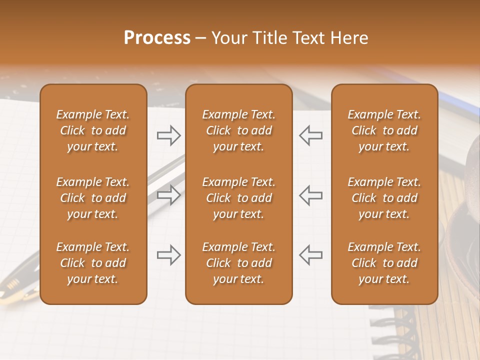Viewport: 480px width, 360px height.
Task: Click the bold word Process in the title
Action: point(157,38)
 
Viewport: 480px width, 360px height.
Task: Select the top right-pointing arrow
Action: point(168,135)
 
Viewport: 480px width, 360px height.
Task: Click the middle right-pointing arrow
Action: point(168,194)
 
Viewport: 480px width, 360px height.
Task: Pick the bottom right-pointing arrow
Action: point(168,255)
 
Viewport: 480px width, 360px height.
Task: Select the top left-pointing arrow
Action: point(310,135)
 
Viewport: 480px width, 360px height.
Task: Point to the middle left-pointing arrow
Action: point(310,194)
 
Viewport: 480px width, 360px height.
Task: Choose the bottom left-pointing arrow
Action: point(310,255)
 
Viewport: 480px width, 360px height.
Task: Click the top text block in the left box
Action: point(93,130)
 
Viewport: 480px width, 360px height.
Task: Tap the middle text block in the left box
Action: point(93,198)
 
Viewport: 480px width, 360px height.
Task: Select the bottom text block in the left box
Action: point(93,263)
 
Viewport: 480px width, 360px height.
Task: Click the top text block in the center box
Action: point(238,130)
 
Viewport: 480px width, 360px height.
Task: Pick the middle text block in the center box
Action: point(238,198)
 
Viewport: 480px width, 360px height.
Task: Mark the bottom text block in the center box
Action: point(238,263)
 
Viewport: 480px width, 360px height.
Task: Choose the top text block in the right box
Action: point(384,130)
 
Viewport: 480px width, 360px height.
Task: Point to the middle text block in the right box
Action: point(384,198)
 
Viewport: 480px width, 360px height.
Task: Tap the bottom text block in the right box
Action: point(384,263)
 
